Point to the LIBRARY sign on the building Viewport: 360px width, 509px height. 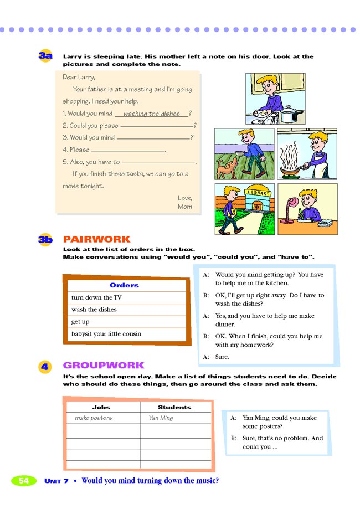(257, 193)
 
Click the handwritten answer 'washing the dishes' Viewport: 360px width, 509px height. (151, 114)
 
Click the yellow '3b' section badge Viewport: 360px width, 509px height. (45, 239)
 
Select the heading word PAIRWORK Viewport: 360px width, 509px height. (97, 239)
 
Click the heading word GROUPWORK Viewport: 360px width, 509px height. (104, 365)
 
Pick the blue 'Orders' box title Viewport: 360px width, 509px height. (124, 285)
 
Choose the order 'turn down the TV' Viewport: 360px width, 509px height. (96, 297)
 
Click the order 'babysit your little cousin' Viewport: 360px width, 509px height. (106, 334)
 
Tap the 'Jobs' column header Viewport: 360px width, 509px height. (101, 407)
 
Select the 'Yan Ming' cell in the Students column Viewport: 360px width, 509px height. (161, 418)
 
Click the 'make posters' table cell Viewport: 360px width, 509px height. (93, 418)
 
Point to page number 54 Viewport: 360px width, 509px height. (23, 481)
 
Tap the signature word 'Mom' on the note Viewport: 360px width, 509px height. (185, 207)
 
